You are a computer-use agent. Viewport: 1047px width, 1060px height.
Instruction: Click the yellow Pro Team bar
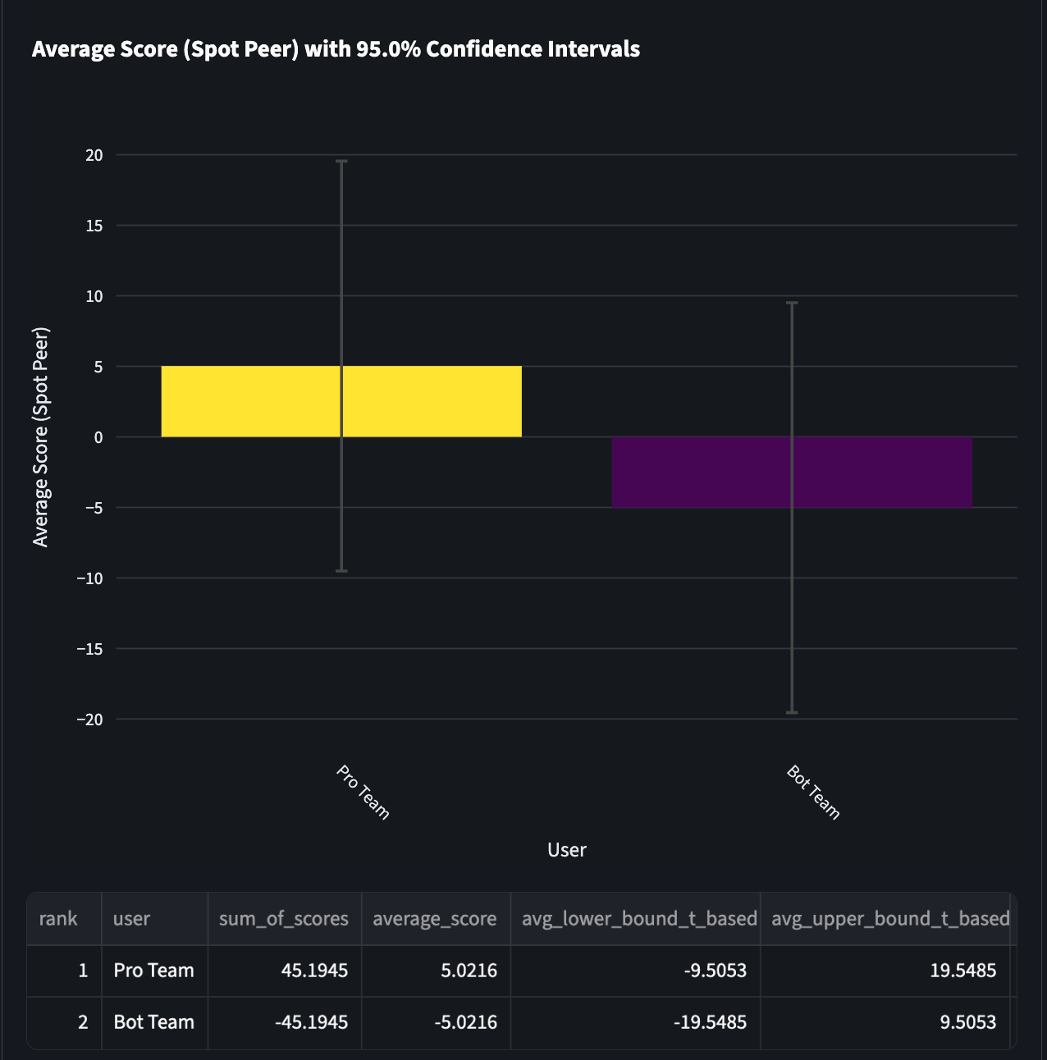341,401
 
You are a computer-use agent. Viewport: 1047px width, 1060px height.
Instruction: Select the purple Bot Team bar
792,472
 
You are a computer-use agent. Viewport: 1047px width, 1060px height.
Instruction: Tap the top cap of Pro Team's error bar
341,161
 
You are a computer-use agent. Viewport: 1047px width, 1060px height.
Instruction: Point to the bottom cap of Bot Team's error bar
792,712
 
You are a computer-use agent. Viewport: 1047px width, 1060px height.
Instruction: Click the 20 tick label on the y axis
94,156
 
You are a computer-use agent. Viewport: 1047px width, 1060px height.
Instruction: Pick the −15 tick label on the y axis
89,649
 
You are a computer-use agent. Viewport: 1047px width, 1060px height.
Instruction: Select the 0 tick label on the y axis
98,438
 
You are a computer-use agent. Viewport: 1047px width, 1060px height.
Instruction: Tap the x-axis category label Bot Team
813,792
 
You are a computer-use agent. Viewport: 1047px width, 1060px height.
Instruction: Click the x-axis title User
567,850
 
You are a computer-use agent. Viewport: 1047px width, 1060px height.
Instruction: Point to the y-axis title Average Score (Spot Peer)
41,437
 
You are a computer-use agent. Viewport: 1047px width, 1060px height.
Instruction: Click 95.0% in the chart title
388,49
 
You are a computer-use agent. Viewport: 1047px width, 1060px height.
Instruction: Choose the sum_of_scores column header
284,919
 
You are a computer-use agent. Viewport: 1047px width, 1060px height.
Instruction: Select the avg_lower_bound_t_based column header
639,919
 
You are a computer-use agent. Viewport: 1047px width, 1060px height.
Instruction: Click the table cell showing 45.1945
315,971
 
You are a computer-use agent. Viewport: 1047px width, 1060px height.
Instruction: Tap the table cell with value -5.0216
466,1022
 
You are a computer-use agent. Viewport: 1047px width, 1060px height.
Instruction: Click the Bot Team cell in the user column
153,1022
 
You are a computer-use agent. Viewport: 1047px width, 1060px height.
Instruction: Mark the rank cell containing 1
83,971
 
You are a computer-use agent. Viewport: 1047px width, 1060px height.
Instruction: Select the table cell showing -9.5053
716,971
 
